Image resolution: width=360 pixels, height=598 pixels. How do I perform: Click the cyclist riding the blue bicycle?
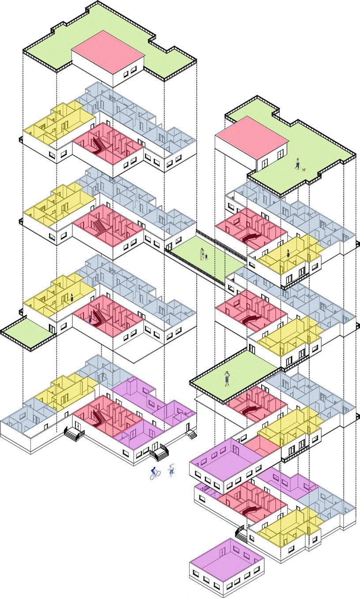tap(154, 473)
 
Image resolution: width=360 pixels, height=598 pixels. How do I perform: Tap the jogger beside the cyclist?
tap(171, 470)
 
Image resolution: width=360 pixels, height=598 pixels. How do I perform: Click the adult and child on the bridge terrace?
tap(203, 254)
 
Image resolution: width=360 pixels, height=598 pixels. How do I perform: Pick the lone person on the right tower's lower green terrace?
tap(227, 378)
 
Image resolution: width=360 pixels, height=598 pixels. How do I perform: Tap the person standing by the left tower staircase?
tap(91, 318)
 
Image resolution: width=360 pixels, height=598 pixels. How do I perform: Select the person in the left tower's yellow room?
tap(71, 297)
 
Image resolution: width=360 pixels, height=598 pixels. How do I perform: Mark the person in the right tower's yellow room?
tap(288, 254)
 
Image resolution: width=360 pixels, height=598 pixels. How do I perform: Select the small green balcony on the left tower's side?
tap(26, 331)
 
